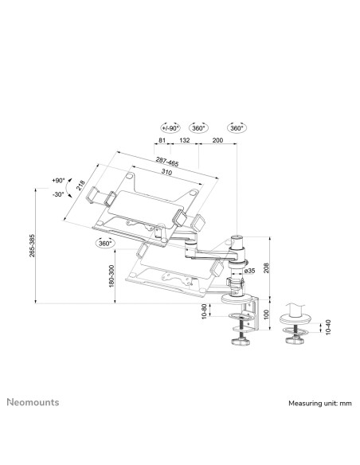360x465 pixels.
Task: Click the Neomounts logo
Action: tap(33, 402)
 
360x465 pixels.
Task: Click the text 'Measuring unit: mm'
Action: tap(320, 404)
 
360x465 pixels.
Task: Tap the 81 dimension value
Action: tap(162, 140)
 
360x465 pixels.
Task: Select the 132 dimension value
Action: tap(185, 140)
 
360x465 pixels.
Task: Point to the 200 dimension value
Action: tap(217, 140)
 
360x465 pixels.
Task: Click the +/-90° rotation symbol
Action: tap(170, 128)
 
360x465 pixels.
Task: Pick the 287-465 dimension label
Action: tap(167, 162)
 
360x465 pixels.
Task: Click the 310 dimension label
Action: tap(166, 172)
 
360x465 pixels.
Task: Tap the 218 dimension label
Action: tap(80, 186)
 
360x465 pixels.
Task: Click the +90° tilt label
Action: tap(58, 180)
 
